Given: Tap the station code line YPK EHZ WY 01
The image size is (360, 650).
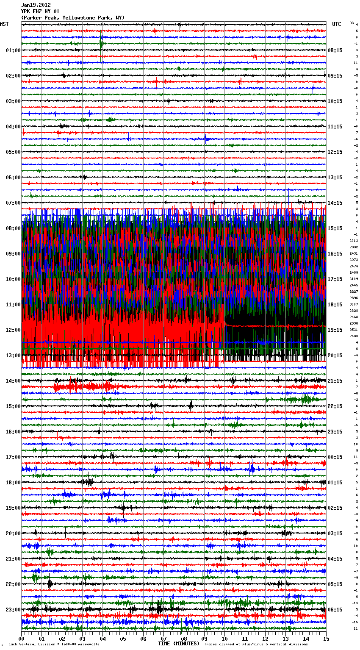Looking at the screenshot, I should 40,11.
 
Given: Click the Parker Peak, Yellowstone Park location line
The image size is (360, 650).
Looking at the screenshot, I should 73,18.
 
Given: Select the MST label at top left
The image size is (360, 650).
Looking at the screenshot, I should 4,24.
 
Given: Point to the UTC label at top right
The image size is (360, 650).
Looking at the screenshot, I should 336,24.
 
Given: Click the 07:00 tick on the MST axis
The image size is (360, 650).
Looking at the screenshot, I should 13,203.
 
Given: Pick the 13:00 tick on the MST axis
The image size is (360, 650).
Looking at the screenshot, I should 13,356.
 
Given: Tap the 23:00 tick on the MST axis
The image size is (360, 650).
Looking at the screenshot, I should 13,610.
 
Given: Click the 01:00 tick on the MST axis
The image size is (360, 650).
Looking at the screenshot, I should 13,50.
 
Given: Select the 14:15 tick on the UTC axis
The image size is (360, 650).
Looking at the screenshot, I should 335,203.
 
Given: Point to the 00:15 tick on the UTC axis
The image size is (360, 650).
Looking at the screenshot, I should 335,457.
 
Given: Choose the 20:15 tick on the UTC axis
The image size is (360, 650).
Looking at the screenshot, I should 335,356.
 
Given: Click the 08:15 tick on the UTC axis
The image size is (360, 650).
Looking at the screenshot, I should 335,50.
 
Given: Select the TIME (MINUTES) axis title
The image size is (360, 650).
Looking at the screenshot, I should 179,644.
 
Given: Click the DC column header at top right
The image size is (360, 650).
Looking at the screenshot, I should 352,23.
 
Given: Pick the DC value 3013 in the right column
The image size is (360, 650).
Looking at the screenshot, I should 354,241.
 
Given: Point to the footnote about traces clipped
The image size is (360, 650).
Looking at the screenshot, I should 256,644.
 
